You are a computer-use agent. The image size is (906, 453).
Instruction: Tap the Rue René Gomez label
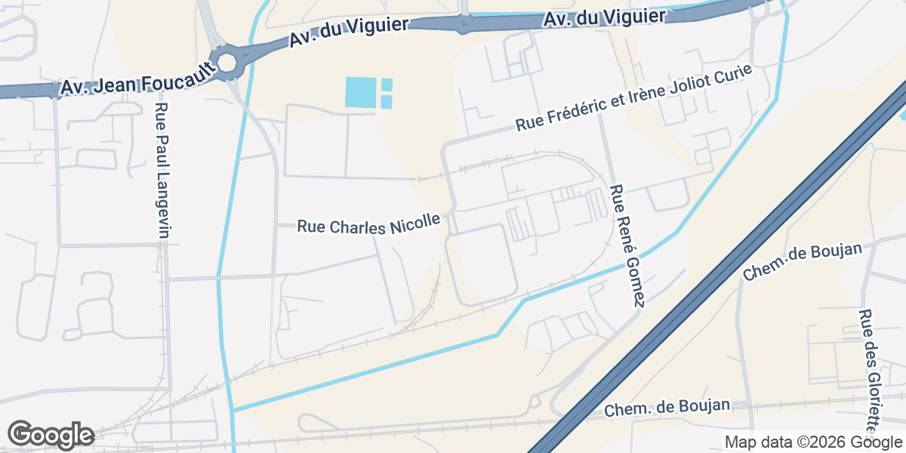[x=628, y=245]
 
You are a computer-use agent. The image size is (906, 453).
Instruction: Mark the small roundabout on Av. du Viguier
[x=464, y=23]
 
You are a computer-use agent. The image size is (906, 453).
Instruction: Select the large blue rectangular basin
[x=359, y=93]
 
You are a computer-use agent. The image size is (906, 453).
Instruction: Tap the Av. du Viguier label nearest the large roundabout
[x=348, y=31]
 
